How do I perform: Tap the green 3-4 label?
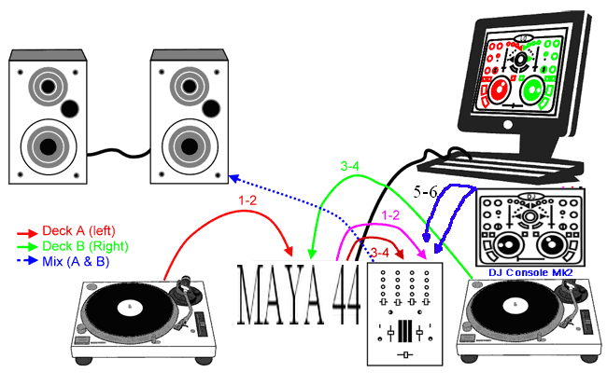351,167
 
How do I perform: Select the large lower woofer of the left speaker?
46,145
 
